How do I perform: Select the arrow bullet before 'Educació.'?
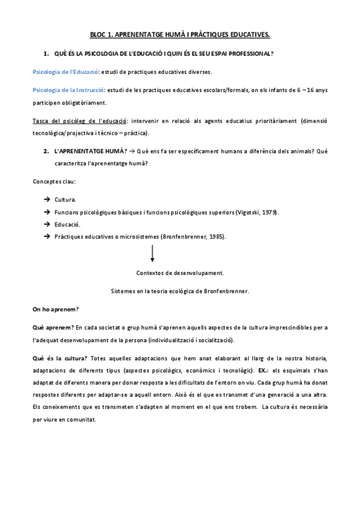[47, 224]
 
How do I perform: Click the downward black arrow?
[153, 252]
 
